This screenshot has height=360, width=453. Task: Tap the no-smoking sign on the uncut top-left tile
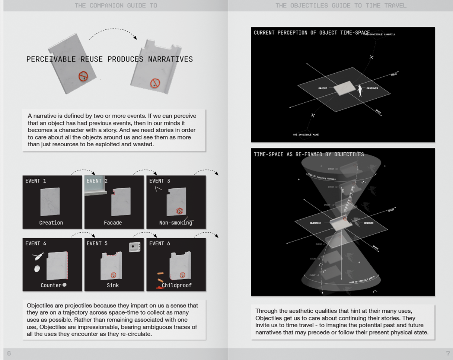(x=83, y=77)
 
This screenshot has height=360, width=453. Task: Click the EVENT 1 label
(x=36, y=181)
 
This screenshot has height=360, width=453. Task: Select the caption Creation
(x=51, y=223)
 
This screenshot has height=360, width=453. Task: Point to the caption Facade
(x=113, y=223)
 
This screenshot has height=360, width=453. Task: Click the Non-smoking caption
(x=176, y=223)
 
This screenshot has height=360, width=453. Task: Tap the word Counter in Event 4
(x=51, y=285)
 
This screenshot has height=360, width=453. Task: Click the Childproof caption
(x=177, y=285)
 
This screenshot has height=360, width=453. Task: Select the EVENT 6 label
(x=160, y=243)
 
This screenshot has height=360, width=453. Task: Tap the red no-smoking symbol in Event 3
(x=180, y=211)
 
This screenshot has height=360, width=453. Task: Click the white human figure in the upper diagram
(x=360, y=91)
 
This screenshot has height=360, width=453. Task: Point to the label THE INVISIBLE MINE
(x=305, y=134)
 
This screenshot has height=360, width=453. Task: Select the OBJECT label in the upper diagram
(x=322, y=88)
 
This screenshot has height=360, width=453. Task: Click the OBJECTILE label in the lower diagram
(x=315, y=223)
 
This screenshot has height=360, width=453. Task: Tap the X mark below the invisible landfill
(x=371, y=57)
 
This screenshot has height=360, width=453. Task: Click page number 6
(x=9, y=353)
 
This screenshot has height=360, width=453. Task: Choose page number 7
(x=448, y=353)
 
